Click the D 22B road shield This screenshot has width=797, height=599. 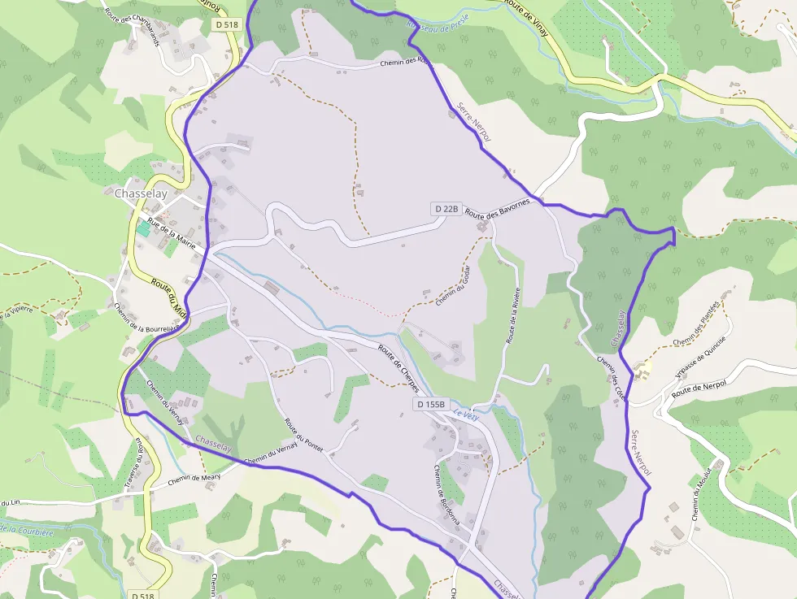click(446, 209)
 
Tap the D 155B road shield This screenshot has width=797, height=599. click(432, 404)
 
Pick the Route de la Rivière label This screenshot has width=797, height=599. click(513, 317)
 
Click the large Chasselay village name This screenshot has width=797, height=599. click(141, 193)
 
